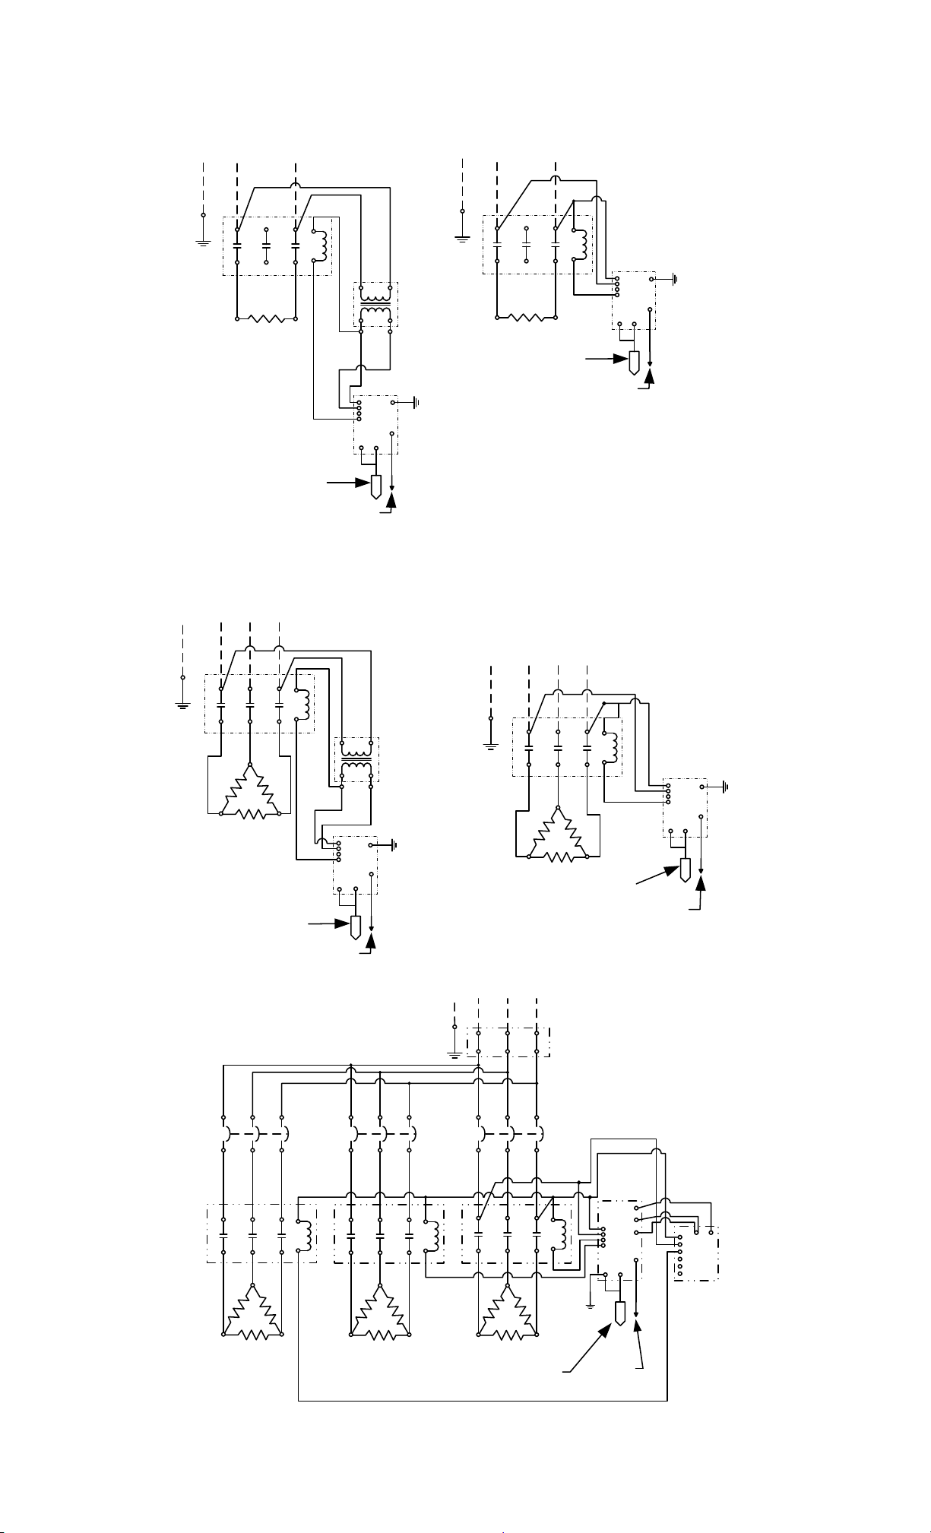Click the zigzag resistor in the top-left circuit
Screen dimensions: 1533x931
(x=266, y=318)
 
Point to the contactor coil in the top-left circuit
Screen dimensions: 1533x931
(x=322, y=245)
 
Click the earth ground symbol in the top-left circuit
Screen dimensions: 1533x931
(x=203, y=242)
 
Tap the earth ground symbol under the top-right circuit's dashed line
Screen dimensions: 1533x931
(x=462, y=239)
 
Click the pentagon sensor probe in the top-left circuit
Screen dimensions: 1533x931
(x=375, y=486)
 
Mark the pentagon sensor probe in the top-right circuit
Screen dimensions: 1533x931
(x=635, y=363)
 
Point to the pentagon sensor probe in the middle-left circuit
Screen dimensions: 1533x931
(x=355, y=928)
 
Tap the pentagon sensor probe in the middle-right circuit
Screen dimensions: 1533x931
(x=685, y=869)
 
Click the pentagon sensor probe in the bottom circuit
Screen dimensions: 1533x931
(x=620, y=1313)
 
